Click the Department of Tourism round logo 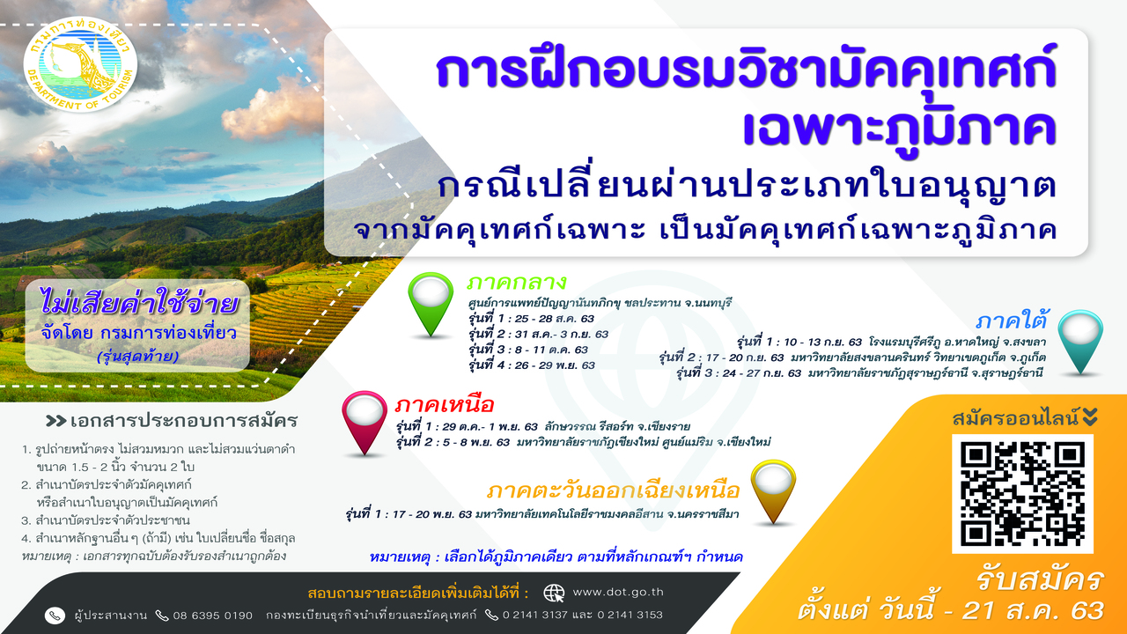pyautogui.click(x=80, y=64)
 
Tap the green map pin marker pyautogui.click(x=431, y=304)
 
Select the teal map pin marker pyautogui.click(x=1080, y=342)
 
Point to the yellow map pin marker pyautogui.click(x=773, y=491)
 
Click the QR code pyautogui.click(x=1022, y=494)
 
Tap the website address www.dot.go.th pyautogui.click(x=618, y=593)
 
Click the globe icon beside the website pyautogui.click(x=554, y=593)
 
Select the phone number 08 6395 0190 pyautogui.click(x=213, y=616)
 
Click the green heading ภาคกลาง pyautogui.click(x=517, y=283)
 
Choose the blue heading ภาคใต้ pyautogui.click(x=1012, y=321)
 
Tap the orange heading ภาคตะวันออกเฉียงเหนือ pyautogui.click(x=613, y=490)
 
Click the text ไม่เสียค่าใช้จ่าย pyautogui.click(x=139, y=304)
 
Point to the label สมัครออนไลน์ pyautogui.click(x=1015, y=417)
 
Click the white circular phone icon pyautogui.click(x=55, y=616)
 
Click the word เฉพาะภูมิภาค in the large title pyautogui.click(x=899, y=129)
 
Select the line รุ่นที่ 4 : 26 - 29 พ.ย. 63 pyautogui.click(x=532, y=365)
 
